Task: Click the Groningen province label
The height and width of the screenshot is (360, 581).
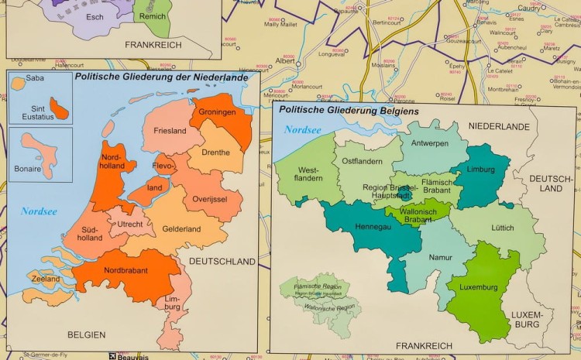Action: coord(217,112)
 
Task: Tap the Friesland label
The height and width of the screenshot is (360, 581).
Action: coord(170,131)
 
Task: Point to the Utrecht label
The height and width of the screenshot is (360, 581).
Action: coord(130,225)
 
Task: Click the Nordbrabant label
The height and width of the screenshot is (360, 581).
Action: coord(127,272)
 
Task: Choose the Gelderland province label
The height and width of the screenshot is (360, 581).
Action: coord(181,229)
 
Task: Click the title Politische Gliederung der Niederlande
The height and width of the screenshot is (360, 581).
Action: coord(162,77)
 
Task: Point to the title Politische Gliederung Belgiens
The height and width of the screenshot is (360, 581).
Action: coord(349,111)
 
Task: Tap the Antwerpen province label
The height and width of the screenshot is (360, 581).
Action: coord(429,144)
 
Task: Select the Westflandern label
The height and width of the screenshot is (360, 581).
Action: coord(308,171)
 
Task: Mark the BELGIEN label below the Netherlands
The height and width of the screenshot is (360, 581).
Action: coord(86,335)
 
